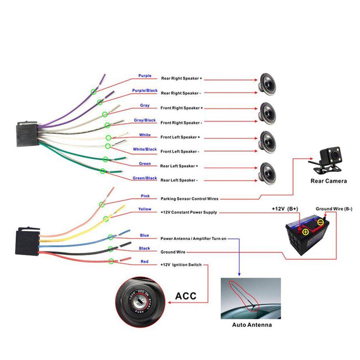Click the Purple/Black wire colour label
pos(145,91)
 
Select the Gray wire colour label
pos(145,106)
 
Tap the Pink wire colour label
pos(145,196)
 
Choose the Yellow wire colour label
pos(145,209)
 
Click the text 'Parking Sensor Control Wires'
pos(190,199)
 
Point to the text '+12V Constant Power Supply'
pos(188,212)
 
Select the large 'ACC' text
pos(186,296)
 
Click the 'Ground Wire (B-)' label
pos(334,209)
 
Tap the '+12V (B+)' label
pos(285,209)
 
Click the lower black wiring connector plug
pos(27,242)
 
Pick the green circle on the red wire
pos(112,261)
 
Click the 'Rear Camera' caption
pos(328,181)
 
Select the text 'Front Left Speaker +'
pos(180,137)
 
